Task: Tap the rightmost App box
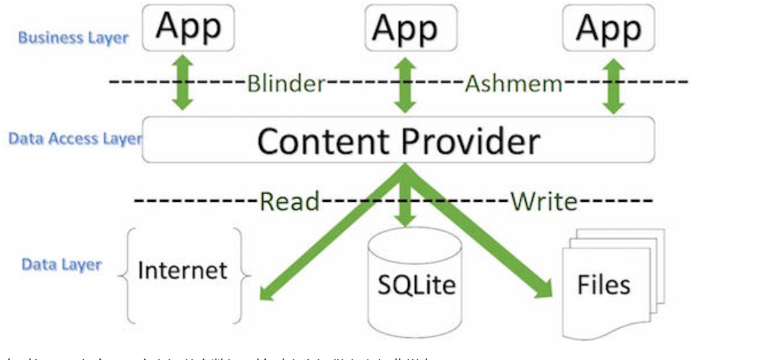coord(608,28)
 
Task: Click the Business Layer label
coord(73,37)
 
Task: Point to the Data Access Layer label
coord(75,139)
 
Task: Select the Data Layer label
coord(61,264)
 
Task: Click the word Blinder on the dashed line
coord(286,83)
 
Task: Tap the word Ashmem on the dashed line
coord(513,83)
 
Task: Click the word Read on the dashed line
coord(290,202)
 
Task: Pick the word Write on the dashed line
coord(543,202)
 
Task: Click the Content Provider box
coord(398,140)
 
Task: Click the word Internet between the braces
coord(183,270)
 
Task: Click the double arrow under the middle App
coord(404,83)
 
